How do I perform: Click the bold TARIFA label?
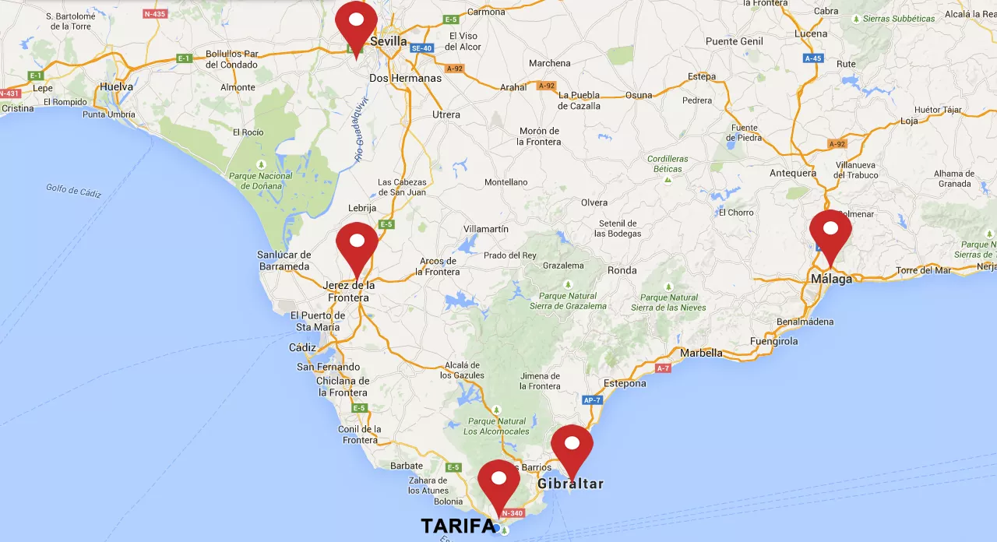tap(457, 526)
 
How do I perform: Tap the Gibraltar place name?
tap(570, 484)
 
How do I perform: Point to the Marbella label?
tap(701, 353)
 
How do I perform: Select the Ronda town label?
tap(622, 270)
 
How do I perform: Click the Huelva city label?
tap(117, 87)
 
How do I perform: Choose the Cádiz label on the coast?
tap(302, 347)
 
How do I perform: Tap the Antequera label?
tap(793, 173)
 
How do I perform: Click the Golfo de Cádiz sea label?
tap(73, 190)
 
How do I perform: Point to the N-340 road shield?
tap(512, 513)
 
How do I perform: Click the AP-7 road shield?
tap(593, 400)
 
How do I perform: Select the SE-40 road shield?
tap(421, 48)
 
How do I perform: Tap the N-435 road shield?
tap(154, 13)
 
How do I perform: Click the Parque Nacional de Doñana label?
tap(260, 181)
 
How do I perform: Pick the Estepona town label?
tap(625, 383)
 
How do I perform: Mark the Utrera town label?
tap(446, 114)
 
